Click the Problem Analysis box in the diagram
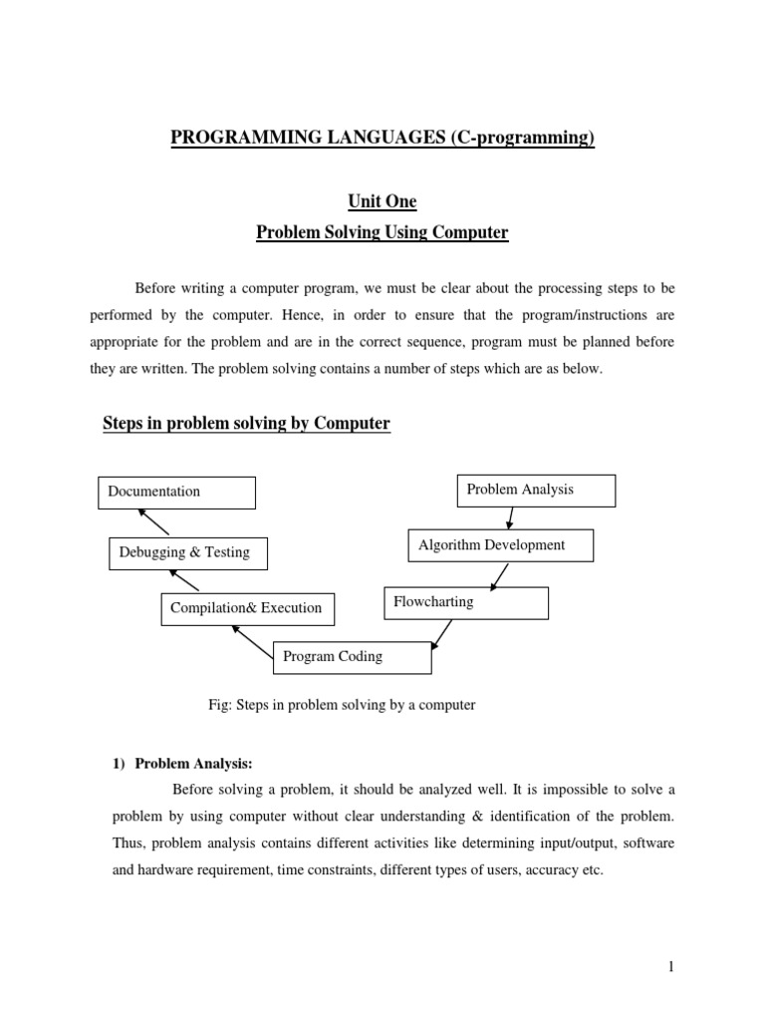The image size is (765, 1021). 536,491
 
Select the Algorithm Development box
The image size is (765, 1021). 500,545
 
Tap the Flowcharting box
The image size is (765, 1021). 465,603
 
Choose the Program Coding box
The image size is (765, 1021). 352,657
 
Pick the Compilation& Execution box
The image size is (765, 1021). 247,608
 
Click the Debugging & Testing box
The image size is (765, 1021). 186,552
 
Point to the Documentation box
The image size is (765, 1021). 176,492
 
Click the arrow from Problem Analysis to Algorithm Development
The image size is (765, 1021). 511,517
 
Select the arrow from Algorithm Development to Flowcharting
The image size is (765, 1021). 499,575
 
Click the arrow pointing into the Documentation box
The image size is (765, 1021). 153,521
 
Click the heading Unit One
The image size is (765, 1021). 382,201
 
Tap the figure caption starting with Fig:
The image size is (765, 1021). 341,705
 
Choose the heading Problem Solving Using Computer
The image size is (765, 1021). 382,232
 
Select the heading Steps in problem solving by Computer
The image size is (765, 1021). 246,424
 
